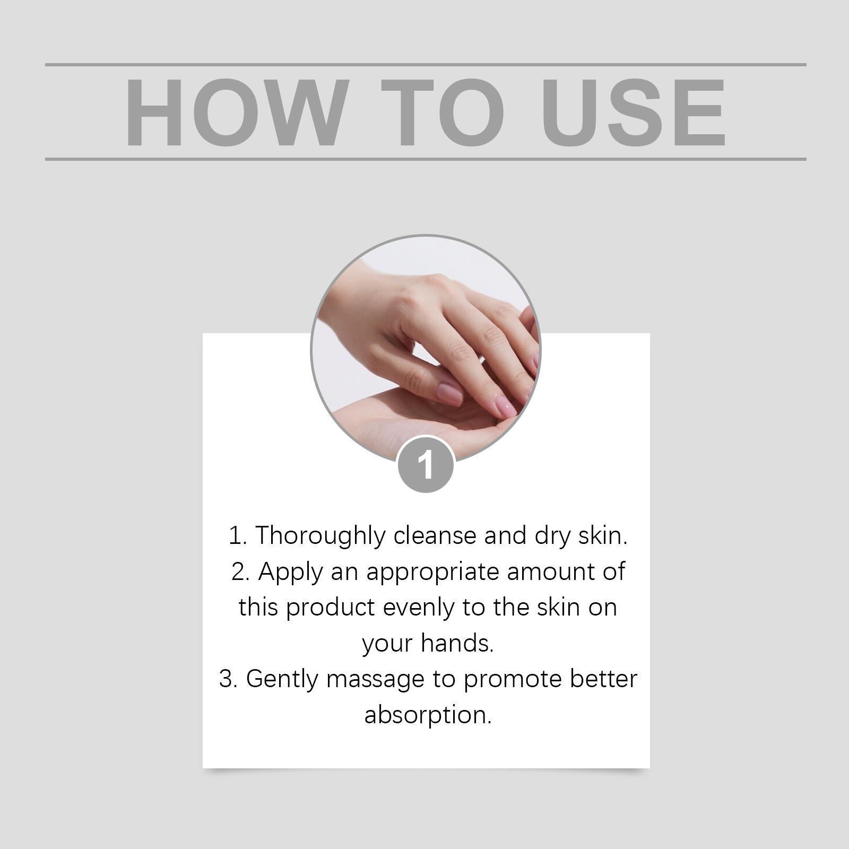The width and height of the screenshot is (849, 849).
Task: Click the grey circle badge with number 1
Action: tap(426, 465)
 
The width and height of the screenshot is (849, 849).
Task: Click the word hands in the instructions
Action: tap(457, 644)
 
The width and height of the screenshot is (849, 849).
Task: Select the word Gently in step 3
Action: tap(282, 680)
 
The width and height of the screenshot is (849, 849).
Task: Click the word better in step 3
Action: tap(603, 680)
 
